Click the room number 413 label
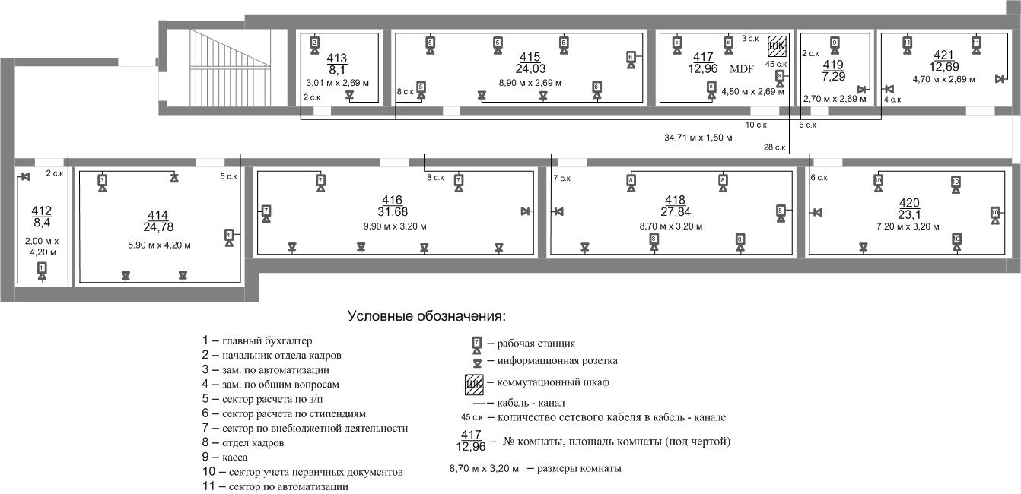pos(336,58)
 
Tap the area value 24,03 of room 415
pos(530,68)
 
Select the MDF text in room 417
pos(741,69)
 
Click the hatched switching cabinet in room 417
pos(776,46)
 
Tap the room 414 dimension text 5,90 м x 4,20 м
pos(159,245)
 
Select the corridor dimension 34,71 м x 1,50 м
pos(698,138)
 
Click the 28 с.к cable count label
pos(774,147)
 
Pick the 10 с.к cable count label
pos(755,125)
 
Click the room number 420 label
pos(909,202)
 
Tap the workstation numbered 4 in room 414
pos(229,236)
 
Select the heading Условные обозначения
pos(426,315)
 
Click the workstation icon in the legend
pos(477,344)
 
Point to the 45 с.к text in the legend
pos(472,417)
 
